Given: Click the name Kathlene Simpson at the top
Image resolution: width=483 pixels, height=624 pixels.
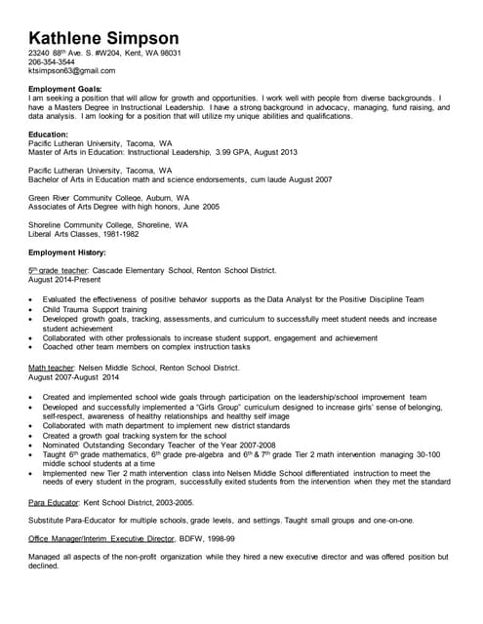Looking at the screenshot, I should (110, 34).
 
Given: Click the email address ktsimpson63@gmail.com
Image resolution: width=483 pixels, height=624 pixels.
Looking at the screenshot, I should (72, 70).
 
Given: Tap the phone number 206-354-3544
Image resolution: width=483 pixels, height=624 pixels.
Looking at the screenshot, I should (53, 61).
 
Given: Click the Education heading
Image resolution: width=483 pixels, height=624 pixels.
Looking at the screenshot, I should (49, 134).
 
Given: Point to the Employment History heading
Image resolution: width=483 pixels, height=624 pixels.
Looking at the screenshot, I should (67, 253).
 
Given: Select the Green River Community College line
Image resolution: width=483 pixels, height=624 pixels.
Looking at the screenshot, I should (109, 198).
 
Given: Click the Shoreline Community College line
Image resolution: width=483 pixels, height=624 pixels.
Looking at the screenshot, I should (108, 225).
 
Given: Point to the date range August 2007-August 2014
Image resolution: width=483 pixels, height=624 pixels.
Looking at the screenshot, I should (74, 376).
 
